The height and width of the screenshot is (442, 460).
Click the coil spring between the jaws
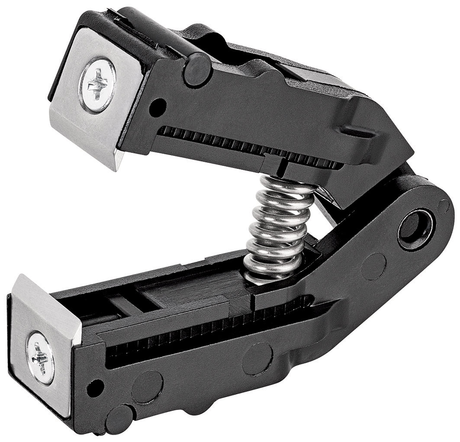coord(277,229)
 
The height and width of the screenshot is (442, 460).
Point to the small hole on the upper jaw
coord(159,105)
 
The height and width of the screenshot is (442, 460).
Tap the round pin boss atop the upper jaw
coord(197,69)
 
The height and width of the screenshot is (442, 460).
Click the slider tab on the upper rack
coord(277,162)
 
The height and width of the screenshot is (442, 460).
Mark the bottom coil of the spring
coord(264,272)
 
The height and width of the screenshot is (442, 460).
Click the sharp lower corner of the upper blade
coord(116,169)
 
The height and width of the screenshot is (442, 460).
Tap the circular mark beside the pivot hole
coord(373,266)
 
